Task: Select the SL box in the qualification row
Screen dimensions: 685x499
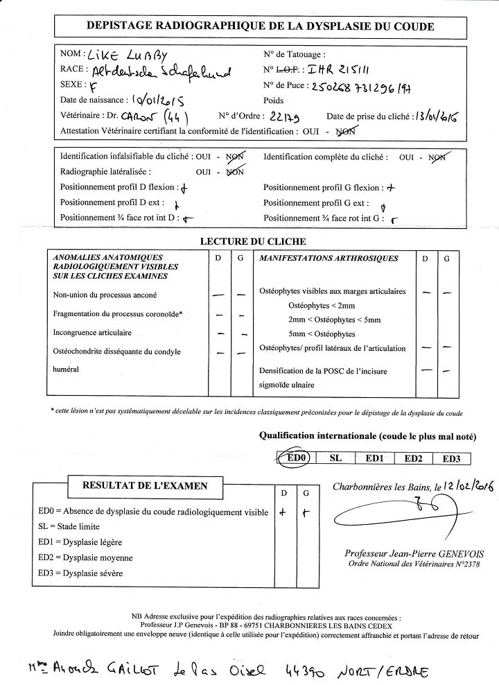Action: click(x=335, y=458)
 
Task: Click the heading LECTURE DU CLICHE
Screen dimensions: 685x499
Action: click(x=253, y=241)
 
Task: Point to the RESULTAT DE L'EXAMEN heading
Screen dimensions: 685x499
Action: click(x=145, y=485)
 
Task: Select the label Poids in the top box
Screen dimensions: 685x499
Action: click(x=274, y=100)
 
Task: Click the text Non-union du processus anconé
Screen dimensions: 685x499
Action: click(x=105, y=295)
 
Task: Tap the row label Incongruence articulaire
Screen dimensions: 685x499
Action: click(x=92, y=333)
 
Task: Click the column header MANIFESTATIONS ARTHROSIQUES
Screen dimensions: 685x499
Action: click(x=328, y=259)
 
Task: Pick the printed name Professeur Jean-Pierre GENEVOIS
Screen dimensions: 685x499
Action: click(x=406, y=553)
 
